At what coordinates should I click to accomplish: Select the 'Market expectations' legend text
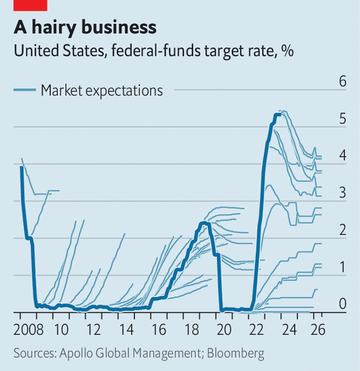(x=101, y=90)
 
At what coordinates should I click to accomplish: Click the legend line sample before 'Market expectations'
(x=24, y=90)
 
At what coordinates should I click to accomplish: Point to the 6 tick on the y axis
(x=342, y=81)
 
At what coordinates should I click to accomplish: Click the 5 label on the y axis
(x=342, y=119)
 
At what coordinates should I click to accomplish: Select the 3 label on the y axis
(x=342, y=193)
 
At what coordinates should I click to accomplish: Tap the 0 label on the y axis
(x=342, y=304)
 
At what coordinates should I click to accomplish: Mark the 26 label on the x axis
(x=319, y=329)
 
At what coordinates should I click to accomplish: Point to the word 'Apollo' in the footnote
(x=76, y=354)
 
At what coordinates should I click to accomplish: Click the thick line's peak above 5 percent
(x=277, y=114)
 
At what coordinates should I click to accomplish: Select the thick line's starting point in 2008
(x=21, y=167)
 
